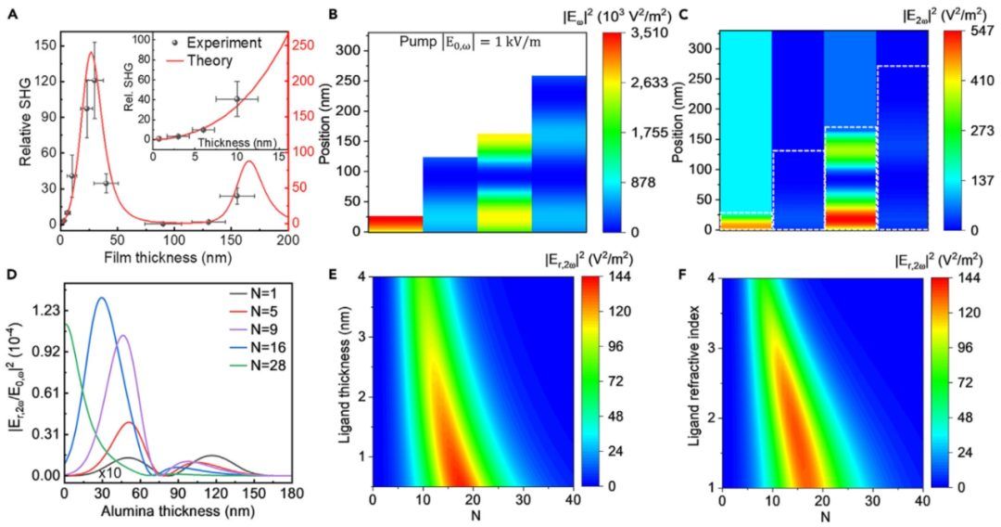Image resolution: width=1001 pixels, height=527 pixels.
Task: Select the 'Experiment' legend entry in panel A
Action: pos(222,43)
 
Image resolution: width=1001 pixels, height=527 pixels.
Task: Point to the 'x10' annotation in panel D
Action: pos(110,475)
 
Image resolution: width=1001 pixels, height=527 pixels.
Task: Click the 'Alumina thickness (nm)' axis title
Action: pos(175,511)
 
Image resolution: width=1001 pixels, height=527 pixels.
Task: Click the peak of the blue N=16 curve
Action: pos(101,298)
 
